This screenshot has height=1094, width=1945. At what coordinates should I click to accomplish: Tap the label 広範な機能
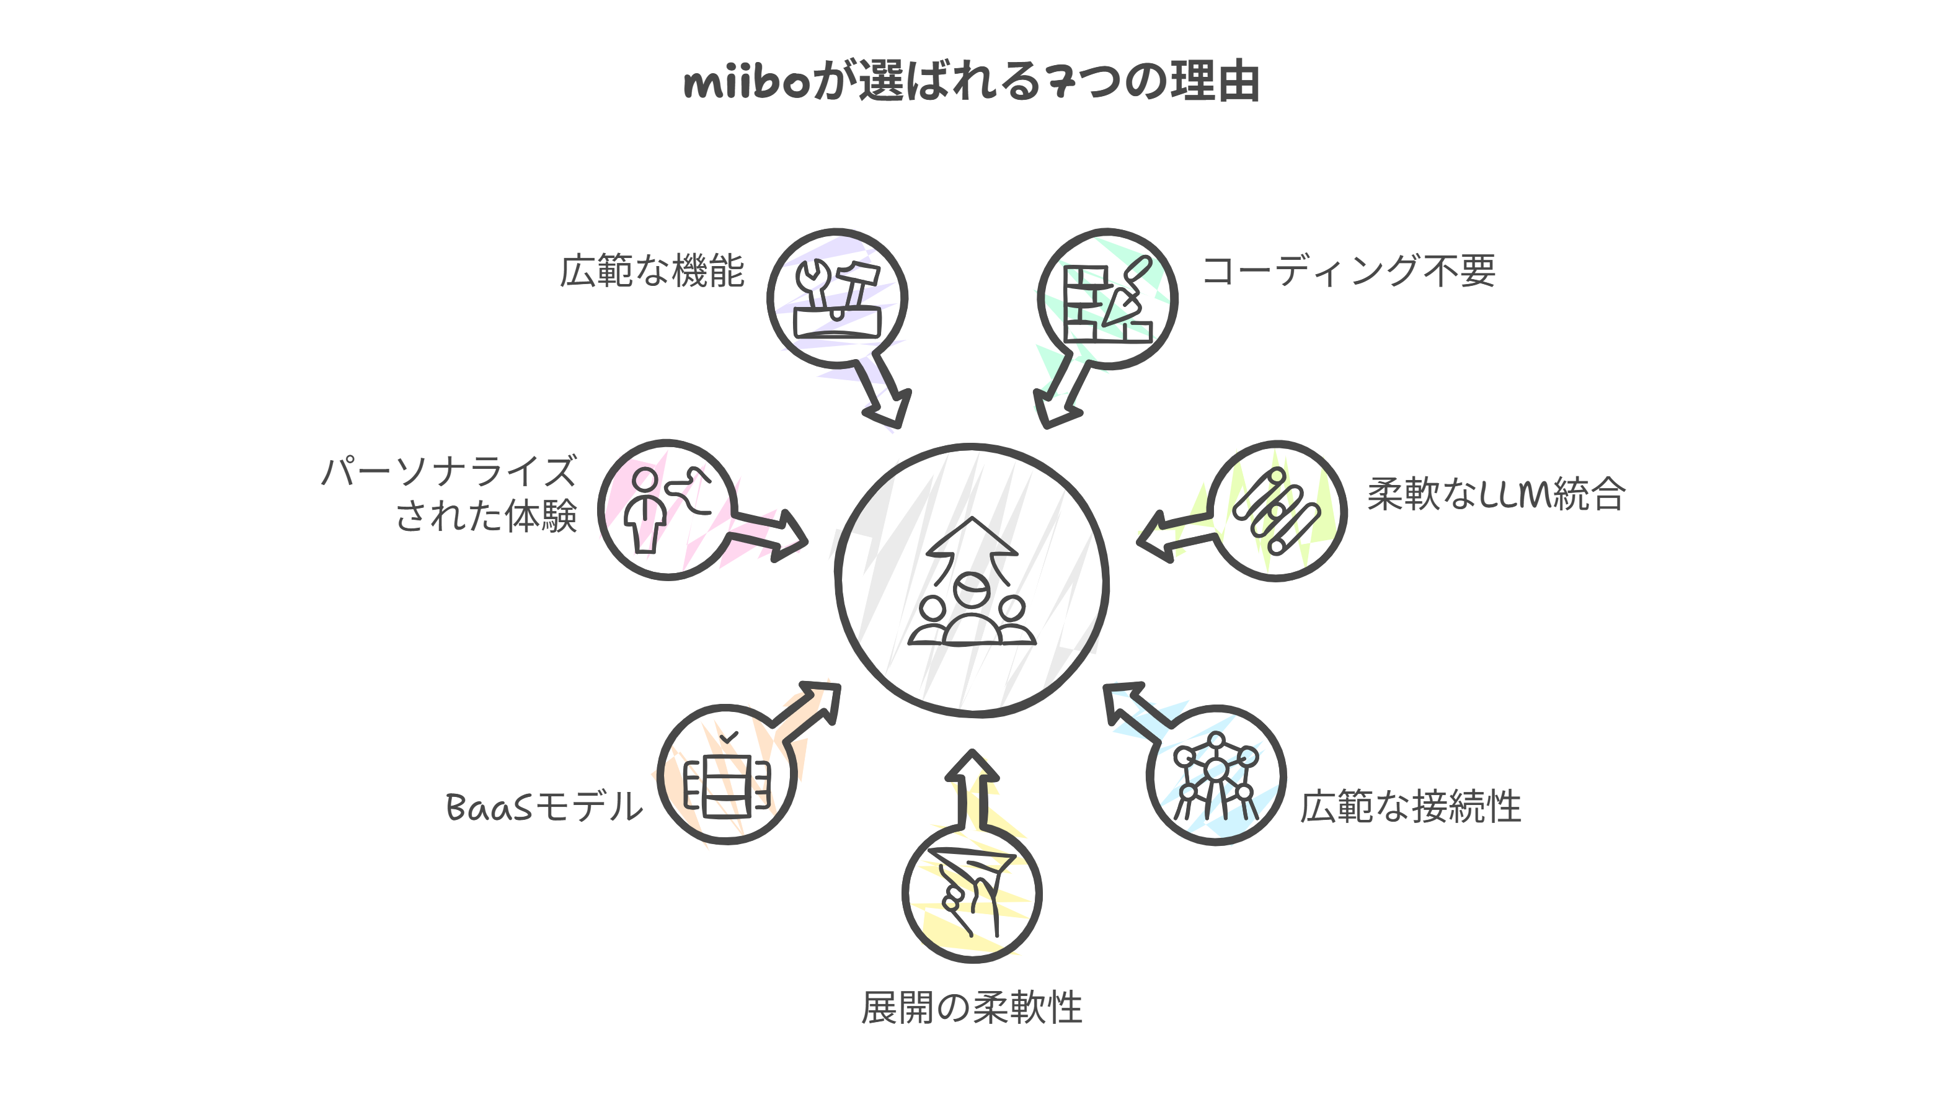(x=652, y=271)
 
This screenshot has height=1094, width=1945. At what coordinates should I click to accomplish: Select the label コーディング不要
(x=1349, y=271)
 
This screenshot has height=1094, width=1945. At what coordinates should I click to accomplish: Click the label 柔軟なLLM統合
(x=1497, y=494)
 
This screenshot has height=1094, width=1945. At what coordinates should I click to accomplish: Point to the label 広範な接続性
(x=1411, y=806)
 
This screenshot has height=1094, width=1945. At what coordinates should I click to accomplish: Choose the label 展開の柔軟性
(x=972, y=1008)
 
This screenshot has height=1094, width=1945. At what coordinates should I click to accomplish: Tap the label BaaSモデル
(x=544, y=806)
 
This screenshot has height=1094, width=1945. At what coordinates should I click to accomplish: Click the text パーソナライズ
(x=450, y=472)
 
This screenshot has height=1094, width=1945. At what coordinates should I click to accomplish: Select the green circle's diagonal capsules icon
(x=1277, y=511)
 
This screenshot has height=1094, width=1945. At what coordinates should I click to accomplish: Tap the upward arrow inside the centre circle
(x=972, y=544)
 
